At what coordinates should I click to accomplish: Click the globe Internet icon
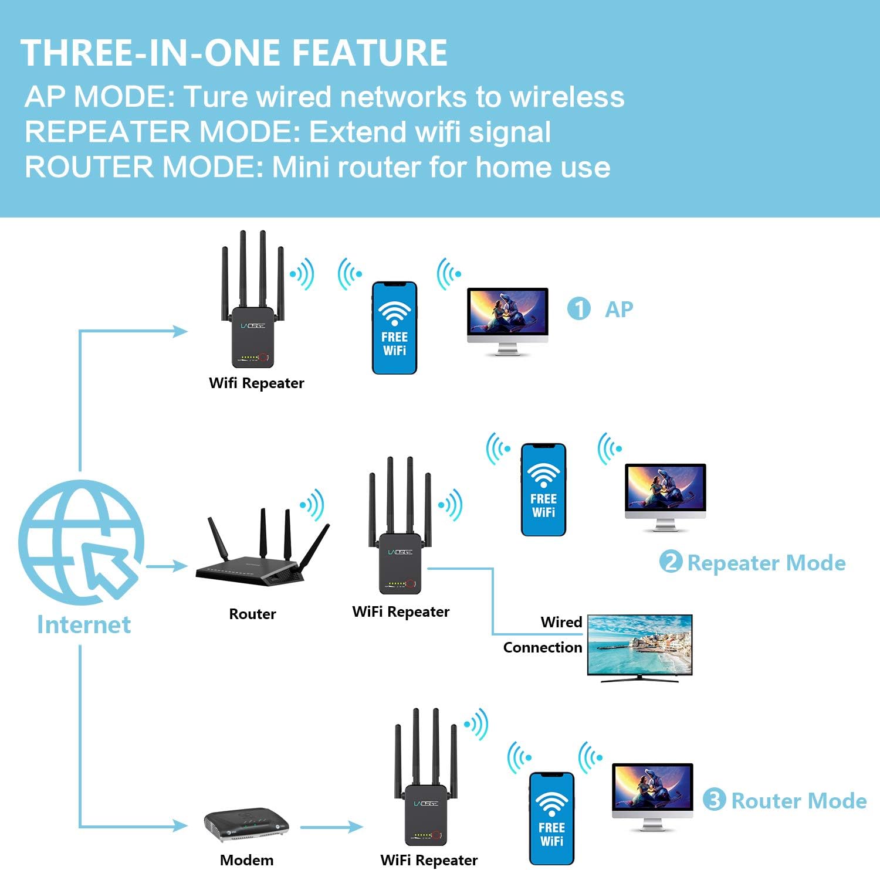pyautogui.click(x=81, y=543)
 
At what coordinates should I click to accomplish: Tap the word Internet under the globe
pyautogui.click(x=84, y=625)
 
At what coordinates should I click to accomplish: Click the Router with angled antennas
pyautogui.click(x=258, y=557)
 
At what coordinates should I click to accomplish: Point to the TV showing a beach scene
pyautogui.click(x=639, y=646)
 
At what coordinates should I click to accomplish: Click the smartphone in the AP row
pyautogui.click(x=394, y=328)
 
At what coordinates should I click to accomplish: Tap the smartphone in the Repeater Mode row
pyautogui.click(x=543, y=490)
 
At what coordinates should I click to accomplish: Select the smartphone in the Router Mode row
pyautogui.click(x=551, y=818)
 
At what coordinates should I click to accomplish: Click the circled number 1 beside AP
pyautogui.click(x=579, y=309)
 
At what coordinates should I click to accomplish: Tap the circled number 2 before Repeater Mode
pyautogui.click(x=671, y=562)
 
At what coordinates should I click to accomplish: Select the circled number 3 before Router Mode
pyautogui.click(x=714, y=800)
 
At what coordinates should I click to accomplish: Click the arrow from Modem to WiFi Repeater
pyautogui.click(x=331, y=827)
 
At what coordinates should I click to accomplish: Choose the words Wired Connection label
pyautogui.click(x=543, y=635)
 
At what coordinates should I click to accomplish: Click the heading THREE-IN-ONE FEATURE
pyautogui.click(x=235, y=53)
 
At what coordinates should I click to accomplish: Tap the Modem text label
pyautogui.click(x=246, y=860)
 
